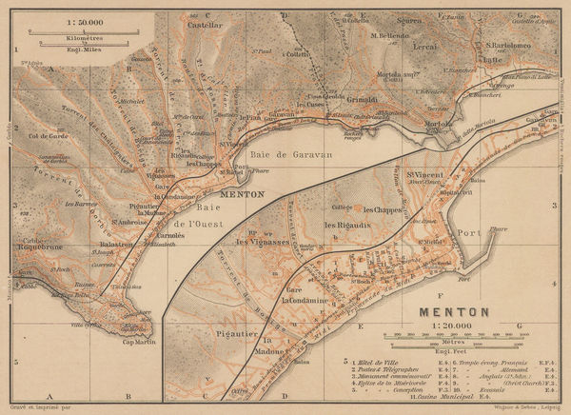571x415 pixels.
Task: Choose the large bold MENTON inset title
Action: click(x=452, y=310)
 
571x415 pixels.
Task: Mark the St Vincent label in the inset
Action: click(x=424, y=173)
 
